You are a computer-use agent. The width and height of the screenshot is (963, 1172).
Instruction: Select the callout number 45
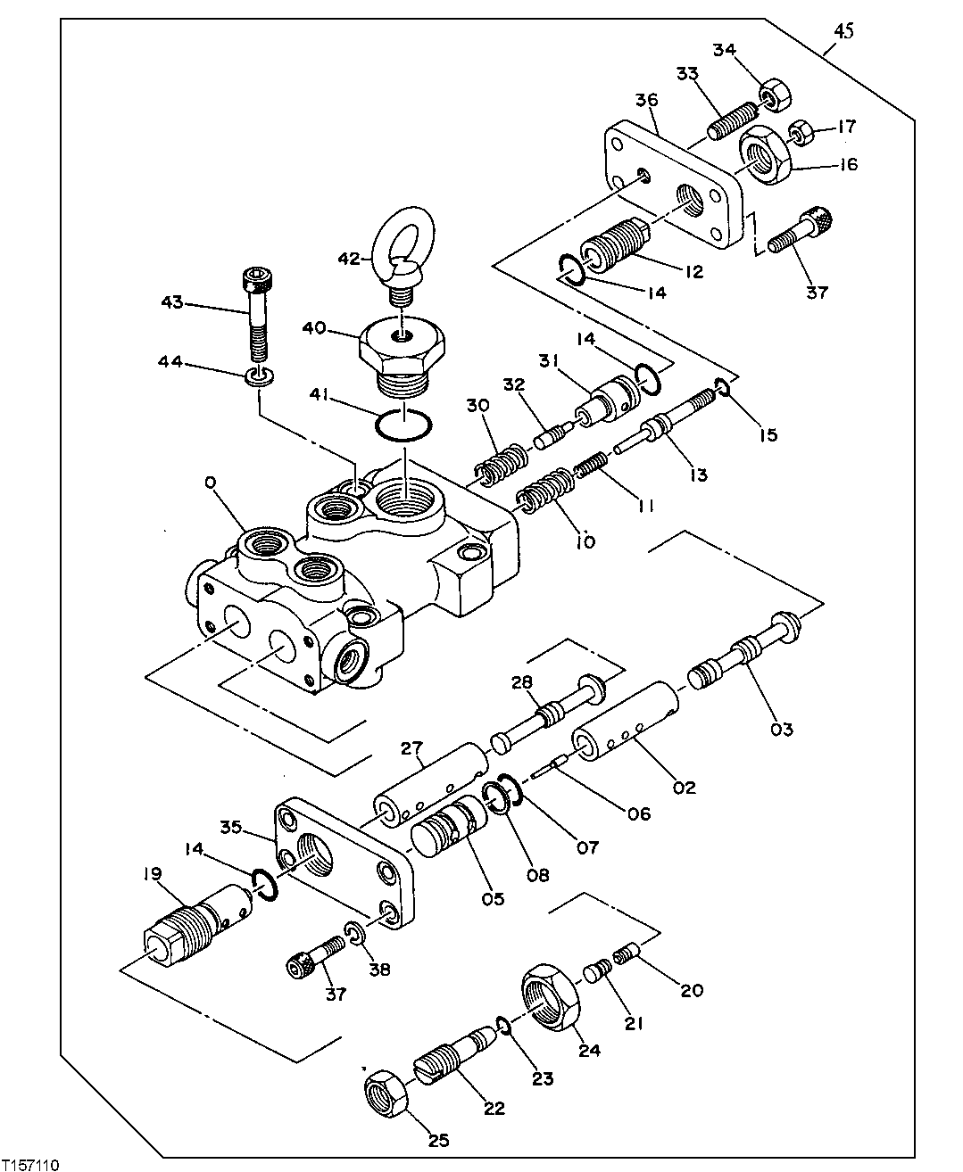[x=843, y=31]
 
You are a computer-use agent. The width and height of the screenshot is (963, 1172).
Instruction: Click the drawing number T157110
[x=31, y=1164]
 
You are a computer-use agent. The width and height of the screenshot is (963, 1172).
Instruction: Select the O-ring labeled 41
[x=403, y=425]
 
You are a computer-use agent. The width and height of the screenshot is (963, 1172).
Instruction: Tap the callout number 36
[x=646, y=100]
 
